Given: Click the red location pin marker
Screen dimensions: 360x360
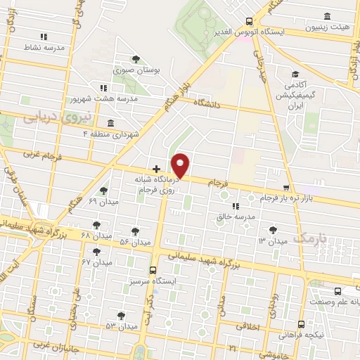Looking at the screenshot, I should (181, 166).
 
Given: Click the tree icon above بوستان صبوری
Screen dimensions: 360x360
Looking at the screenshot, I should (136, 60).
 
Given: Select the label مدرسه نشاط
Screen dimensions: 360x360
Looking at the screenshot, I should (44, 47).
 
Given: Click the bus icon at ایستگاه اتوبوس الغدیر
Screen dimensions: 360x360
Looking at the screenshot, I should (250, 21).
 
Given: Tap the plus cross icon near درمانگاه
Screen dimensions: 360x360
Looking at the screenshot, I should (156, 169).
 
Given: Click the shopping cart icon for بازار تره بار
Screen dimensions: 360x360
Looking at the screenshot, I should (285, 188).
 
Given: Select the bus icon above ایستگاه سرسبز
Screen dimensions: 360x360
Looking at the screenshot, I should (153, 269).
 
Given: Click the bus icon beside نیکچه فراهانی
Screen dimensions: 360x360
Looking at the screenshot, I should (301, 324).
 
